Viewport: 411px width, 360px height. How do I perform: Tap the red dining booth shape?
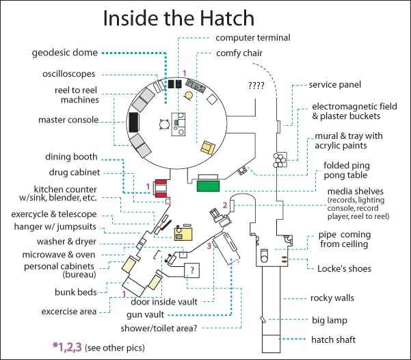pos(162,185)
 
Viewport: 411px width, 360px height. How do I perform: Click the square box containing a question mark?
pos(192,270)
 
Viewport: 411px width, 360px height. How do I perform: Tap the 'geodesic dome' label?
pos(64,52)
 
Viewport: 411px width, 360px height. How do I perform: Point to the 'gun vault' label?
pos(140,314)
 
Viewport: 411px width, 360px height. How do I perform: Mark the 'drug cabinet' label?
pos(77,172)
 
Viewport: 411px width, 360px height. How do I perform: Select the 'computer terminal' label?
pos(252,37)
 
